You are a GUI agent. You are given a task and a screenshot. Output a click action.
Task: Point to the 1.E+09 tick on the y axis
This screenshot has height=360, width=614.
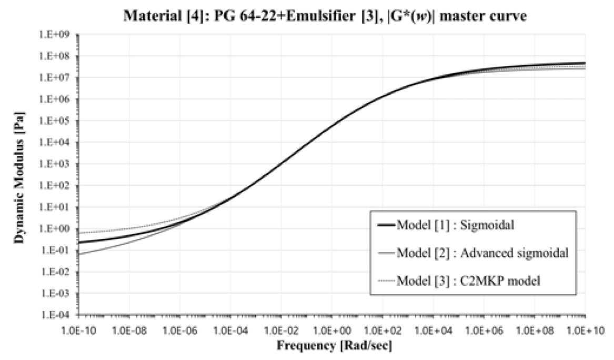(x=58, y=35)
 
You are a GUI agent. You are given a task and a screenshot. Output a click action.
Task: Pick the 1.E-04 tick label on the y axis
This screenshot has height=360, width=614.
(x=58, y=315)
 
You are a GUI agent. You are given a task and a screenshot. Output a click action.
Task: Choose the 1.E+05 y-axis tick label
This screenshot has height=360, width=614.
(x=58, y=121)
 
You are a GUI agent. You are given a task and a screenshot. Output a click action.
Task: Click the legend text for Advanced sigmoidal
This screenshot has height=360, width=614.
(x=484, y=253)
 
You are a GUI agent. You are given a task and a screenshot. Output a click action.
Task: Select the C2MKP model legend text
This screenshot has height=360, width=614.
(x=470, y=280)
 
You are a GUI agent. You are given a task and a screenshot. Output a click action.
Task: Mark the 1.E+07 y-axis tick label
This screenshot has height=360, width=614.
(x=58, y=78)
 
